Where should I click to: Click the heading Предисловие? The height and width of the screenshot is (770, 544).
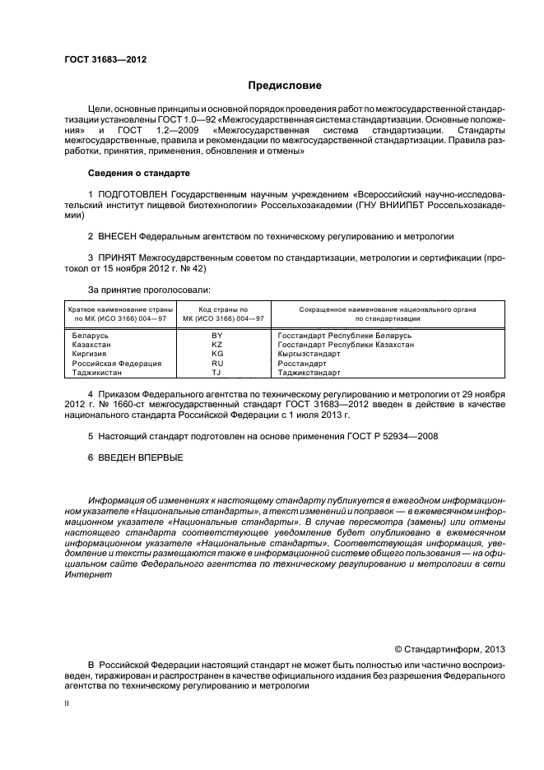coord(285,86)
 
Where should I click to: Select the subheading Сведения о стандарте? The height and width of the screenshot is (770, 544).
coord(138,174)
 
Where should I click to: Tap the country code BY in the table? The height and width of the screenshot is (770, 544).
coord(217,336)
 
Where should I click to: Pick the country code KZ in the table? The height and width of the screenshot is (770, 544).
coord(217,345)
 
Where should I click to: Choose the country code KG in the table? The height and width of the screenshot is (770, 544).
coord(217,354)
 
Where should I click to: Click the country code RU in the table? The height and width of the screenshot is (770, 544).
coord(217,363)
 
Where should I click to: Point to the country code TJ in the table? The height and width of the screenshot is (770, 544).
coord(217,372)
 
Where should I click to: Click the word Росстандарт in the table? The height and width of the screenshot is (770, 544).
coord(303,363)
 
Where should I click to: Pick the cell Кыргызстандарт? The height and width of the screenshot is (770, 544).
coord(309,354)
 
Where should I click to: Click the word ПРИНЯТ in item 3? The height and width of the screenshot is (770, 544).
coord(119,257)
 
